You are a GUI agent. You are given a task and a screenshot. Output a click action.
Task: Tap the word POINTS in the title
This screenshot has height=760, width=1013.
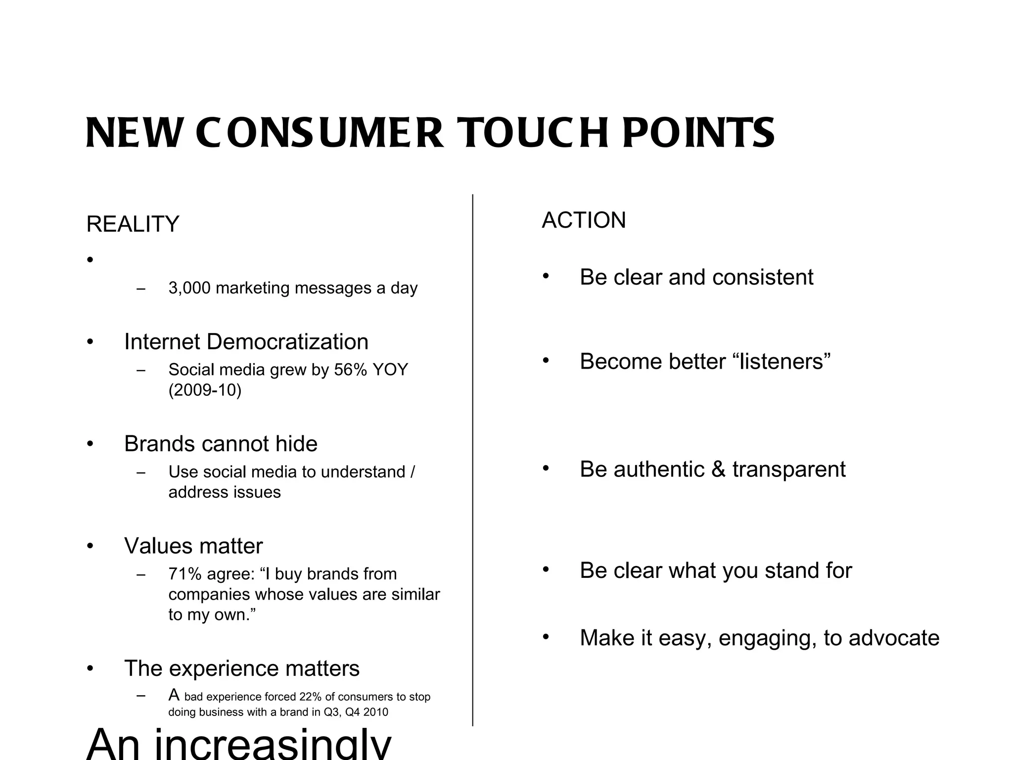(x=698, y=133)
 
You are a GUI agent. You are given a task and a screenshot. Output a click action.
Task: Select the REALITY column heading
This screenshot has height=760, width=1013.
(x=133, y=224)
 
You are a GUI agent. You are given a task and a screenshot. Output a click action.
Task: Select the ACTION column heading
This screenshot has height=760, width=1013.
(x=584, y=220)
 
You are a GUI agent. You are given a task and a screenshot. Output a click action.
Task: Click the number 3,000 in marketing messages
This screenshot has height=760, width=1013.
(x=189, y=288)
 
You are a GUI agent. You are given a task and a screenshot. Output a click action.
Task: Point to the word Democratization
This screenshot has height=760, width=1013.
(x=287, y=342)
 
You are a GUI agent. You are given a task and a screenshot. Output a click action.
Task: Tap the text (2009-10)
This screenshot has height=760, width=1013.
(x=205, y=390)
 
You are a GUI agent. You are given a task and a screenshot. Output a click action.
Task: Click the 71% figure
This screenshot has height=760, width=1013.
(x=185, y=574)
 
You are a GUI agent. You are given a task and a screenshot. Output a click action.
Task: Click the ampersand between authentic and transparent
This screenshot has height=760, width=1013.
(x=719, y=470)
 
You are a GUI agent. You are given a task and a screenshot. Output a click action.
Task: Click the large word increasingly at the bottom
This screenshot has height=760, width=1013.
(x=273, y=745)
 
